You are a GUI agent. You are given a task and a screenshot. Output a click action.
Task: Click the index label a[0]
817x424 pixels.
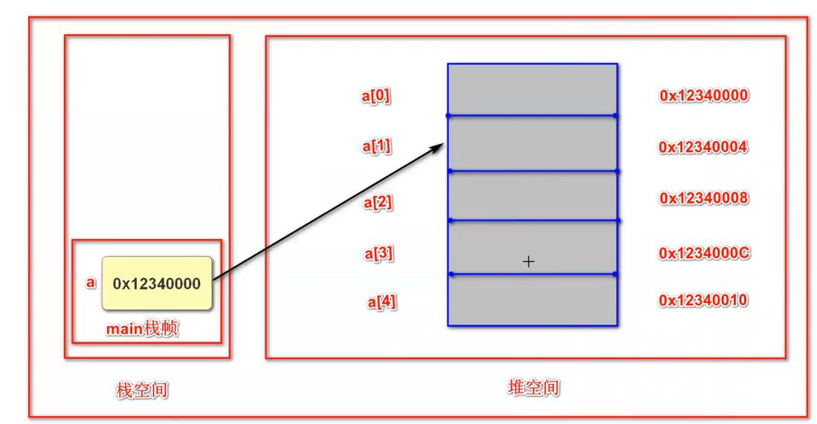point(376,96)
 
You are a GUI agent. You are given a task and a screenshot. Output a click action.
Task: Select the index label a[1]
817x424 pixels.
point(377,146)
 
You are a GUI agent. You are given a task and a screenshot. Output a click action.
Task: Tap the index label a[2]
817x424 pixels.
point(378,202)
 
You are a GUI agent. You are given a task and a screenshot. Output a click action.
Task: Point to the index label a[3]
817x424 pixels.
point(378,254)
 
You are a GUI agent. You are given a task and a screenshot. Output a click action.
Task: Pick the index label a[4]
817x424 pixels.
point(381,302)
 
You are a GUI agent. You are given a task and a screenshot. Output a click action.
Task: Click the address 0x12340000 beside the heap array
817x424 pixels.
point(703,96)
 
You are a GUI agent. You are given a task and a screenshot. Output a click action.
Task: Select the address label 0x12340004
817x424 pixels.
point(703,147)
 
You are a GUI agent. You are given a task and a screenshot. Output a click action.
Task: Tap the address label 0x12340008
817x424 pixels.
point(703,198)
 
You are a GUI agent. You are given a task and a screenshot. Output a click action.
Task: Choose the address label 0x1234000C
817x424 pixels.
point(704,253)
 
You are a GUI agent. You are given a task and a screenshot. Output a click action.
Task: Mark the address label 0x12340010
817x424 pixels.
point(703,300)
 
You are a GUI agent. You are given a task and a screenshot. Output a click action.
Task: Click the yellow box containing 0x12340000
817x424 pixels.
point(157,283)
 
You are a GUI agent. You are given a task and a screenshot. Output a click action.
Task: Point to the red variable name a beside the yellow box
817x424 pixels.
point(91,282)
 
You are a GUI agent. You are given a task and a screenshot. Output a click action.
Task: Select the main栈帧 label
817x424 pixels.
point(142,328)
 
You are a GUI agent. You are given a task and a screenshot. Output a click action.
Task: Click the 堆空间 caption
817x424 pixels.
point(534,388)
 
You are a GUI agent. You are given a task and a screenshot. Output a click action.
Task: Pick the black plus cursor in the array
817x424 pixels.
point(529,261)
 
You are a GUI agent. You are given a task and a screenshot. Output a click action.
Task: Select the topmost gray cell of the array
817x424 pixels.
point(532,90)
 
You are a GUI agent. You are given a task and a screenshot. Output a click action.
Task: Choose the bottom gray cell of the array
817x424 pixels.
point(532,300)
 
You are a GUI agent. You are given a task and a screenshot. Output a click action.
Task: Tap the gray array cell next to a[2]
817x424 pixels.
point(532,196)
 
